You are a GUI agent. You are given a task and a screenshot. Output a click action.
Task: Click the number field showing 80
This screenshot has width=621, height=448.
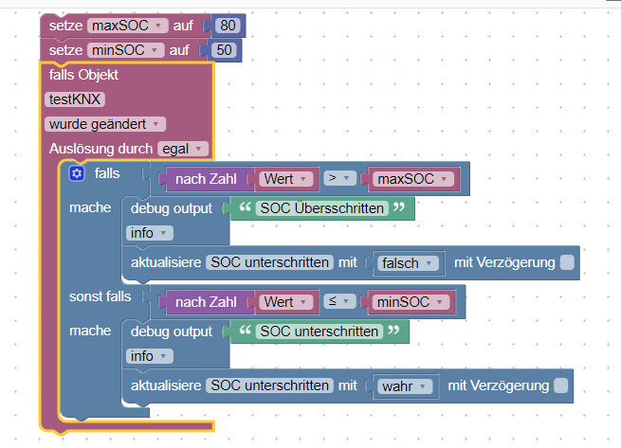[x=226, y=26]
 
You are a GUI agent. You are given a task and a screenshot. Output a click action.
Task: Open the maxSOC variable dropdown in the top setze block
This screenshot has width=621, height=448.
[x=127, y=26]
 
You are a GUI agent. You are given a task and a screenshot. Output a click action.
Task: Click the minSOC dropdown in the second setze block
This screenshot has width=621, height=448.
[x=125, y=50]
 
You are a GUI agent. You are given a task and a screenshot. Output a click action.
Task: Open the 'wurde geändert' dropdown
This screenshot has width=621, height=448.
[x=104, y=124]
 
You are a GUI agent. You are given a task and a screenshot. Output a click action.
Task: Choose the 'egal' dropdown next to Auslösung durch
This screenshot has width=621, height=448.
[x=184, y=149]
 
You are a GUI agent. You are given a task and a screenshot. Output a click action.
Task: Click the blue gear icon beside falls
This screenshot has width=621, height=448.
[x=77, y=173]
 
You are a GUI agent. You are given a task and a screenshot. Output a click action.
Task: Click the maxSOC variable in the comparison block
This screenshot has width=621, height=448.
[x=411, y=178]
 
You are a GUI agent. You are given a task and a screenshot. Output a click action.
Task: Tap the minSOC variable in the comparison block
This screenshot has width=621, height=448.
[x=410, y=301]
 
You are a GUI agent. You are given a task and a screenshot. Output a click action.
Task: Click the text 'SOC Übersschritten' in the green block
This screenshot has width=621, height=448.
[x=322, y=208]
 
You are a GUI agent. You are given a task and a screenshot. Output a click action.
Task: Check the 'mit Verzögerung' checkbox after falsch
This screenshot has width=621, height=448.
[x=567, y=262]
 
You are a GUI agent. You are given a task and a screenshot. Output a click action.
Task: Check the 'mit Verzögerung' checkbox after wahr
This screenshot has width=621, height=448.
[x=560, y=385]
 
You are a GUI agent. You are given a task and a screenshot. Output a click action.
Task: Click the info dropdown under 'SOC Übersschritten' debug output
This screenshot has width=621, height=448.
[x=149, y=233]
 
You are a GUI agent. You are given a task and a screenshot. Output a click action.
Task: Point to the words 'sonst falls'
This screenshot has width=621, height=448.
[x=100, y=296]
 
